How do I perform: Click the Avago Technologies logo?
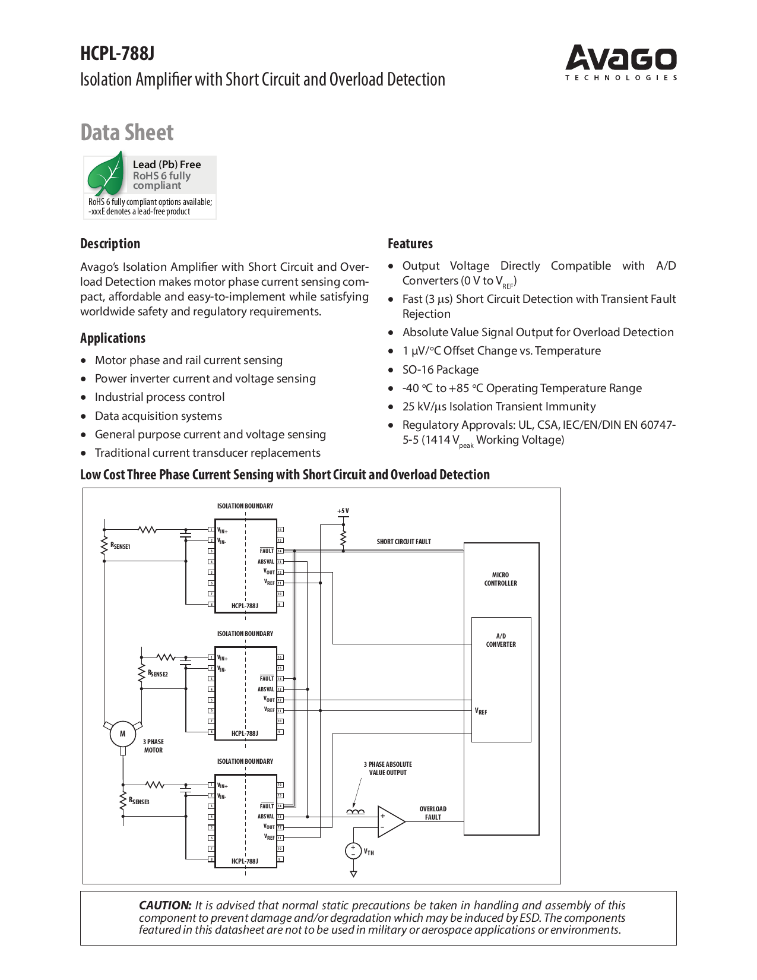[621, 62]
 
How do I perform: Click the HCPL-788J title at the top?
[118, 53]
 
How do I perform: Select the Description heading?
[110, 244]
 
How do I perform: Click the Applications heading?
[113, 338]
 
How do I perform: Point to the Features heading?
[410, 244]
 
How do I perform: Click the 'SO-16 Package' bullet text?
[441, 369]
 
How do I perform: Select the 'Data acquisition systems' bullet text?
[159, 416]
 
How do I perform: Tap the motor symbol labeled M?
[123, 734]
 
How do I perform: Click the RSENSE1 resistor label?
[121, 546]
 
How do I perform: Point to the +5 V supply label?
[343, 511]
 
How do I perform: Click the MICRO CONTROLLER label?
[501, 579]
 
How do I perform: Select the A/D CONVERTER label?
[501, 640]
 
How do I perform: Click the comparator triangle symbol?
[390, 821]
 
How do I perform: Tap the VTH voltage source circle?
[353, 851]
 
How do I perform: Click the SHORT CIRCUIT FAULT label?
[404, 542]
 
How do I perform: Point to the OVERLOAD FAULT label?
[433, 813]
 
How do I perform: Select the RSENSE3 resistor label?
[140, 801]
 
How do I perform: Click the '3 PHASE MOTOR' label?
[153, 746]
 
